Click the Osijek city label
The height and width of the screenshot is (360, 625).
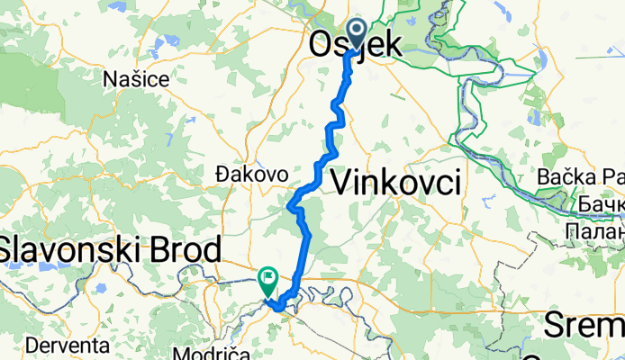pyautogui.click(x=356, y=45)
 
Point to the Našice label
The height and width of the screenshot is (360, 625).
pyautogui.click(x=136, y=79)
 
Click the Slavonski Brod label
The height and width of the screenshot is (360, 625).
pyautogui.click(x=110, y=249)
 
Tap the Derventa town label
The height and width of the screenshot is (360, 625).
pyautogui.click(x=68, y=345)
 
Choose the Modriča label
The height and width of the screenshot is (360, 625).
pyautogui.click(x=215, y=352)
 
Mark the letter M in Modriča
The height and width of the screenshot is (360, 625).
pyautogui.click(x=187, y=352)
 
